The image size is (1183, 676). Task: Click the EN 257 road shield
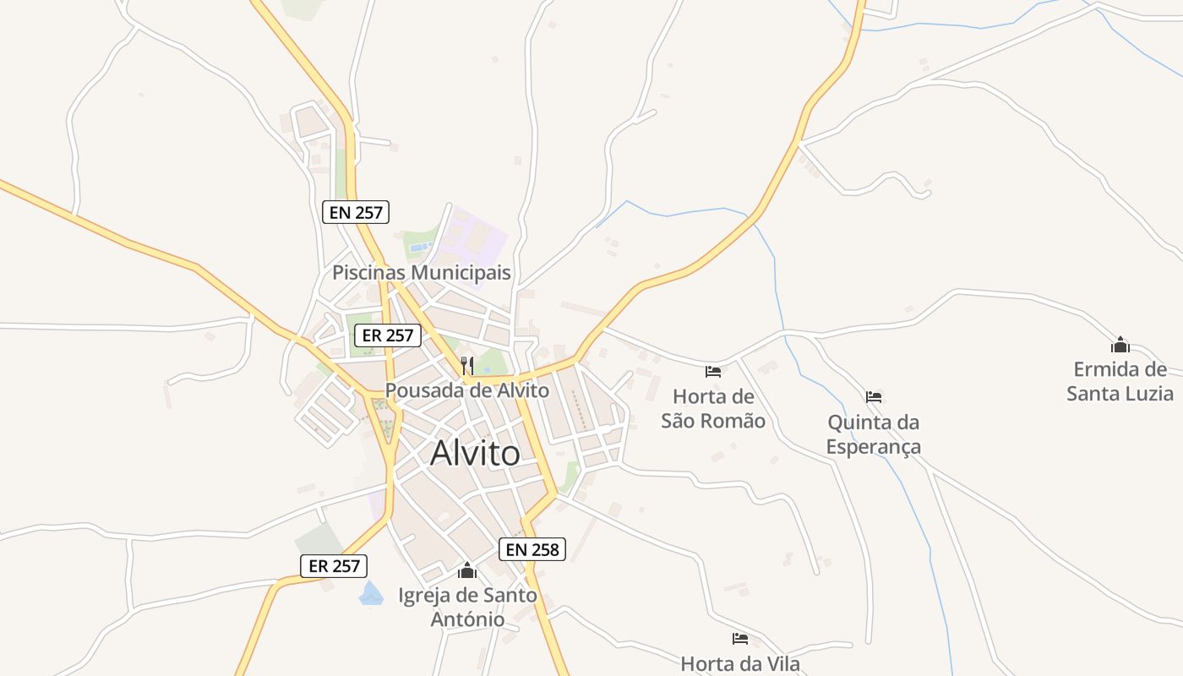point(356,212)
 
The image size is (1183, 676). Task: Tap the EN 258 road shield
point(532,549)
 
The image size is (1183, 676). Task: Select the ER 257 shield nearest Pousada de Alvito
point(387,335)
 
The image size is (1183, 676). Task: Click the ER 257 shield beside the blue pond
point(334,566)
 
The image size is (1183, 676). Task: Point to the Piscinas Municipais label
point(421,273)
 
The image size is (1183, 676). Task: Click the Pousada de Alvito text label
point(466,390)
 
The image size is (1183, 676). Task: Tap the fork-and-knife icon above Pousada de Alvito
point(466,365)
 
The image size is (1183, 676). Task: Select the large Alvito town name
point(475,453)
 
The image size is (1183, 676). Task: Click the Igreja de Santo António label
point(467,607)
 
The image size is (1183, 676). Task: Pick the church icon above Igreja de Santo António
point(467,571)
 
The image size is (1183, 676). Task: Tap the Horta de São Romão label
point(713,408)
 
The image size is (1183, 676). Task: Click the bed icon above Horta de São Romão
point(713,371)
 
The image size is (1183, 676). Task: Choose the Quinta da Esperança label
point(873,433)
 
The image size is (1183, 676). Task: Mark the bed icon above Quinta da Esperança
point(874,396)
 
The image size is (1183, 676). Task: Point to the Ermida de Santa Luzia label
point(1120,381)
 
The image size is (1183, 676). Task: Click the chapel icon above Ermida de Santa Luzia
point(1120,345)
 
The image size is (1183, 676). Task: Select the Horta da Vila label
point(740,663)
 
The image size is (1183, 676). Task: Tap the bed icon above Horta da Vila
point(740,639)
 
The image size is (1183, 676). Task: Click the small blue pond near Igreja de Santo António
point(370,594)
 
